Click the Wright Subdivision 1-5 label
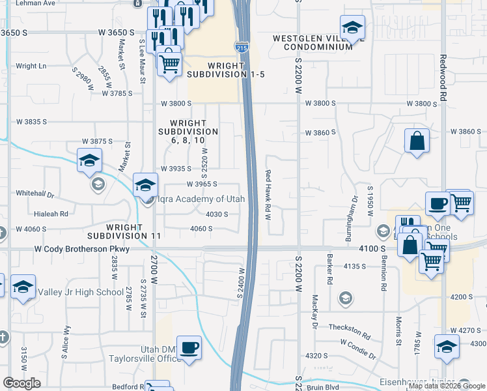coord(225,70)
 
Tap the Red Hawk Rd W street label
coord(268,195)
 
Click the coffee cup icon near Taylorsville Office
coord(189,347)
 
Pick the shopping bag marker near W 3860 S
coord(417,140)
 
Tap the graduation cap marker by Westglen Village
coord(352,27)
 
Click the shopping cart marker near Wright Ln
coord(169,63)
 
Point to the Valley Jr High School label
coord(81,292)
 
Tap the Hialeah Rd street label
coord(55,214)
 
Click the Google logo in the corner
coord(21,383)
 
